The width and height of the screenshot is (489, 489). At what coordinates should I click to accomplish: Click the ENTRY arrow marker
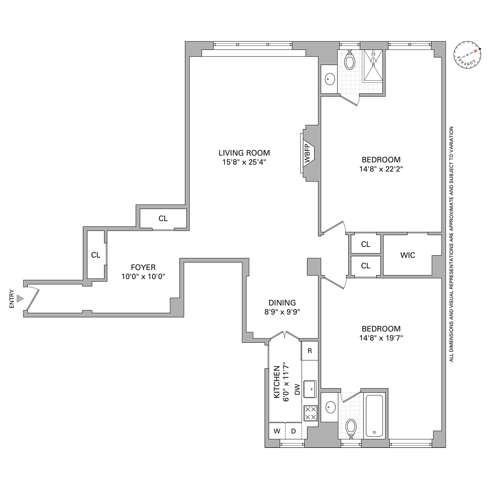pyautogui.click(x=21, y=298)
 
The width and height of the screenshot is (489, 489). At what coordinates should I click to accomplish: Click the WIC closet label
pyautogui.click(x=407, y=255)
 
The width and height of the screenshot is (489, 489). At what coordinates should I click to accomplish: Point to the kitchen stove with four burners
pyautogui.click(x=310, y=413)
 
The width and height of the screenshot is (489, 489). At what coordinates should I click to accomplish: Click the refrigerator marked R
pyautogui.click(x=310, y=351)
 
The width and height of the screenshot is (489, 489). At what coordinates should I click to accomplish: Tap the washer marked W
pyautogui.click(x=277, y=431)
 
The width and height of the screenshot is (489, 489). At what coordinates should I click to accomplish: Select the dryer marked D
pyautogui.click(x=293, y=431)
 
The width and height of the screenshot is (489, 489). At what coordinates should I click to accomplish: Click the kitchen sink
pyautogui.click(x=310, y=389)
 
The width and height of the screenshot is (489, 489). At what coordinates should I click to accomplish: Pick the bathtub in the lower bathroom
pyautogui.click(x=374, y=416)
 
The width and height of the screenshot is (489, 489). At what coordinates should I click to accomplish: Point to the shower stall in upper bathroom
pyautogui.click(x=373, y=65)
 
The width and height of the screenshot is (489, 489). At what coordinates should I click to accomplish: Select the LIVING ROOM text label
pyautogui.click(x=244, y=153)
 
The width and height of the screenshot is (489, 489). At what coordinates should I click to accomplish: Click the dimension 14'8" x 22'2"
pyautogui.click(x=381, y=169)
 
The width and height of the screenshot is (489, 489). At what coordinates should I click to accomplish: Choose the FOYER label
pyautogui.click(x=143, y=268)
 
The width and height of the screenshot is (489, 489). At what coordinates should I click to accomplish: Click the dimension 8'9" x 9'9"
pyautogui.click(x=282, y=312)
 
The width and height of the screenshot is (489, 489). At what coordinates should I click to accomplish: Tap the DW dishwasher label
pyautogui.click(x=297, y=389)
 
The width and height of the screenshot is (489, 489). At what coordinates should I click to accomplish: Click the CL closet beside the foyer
pyautogui.click(x=96, y=255)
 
